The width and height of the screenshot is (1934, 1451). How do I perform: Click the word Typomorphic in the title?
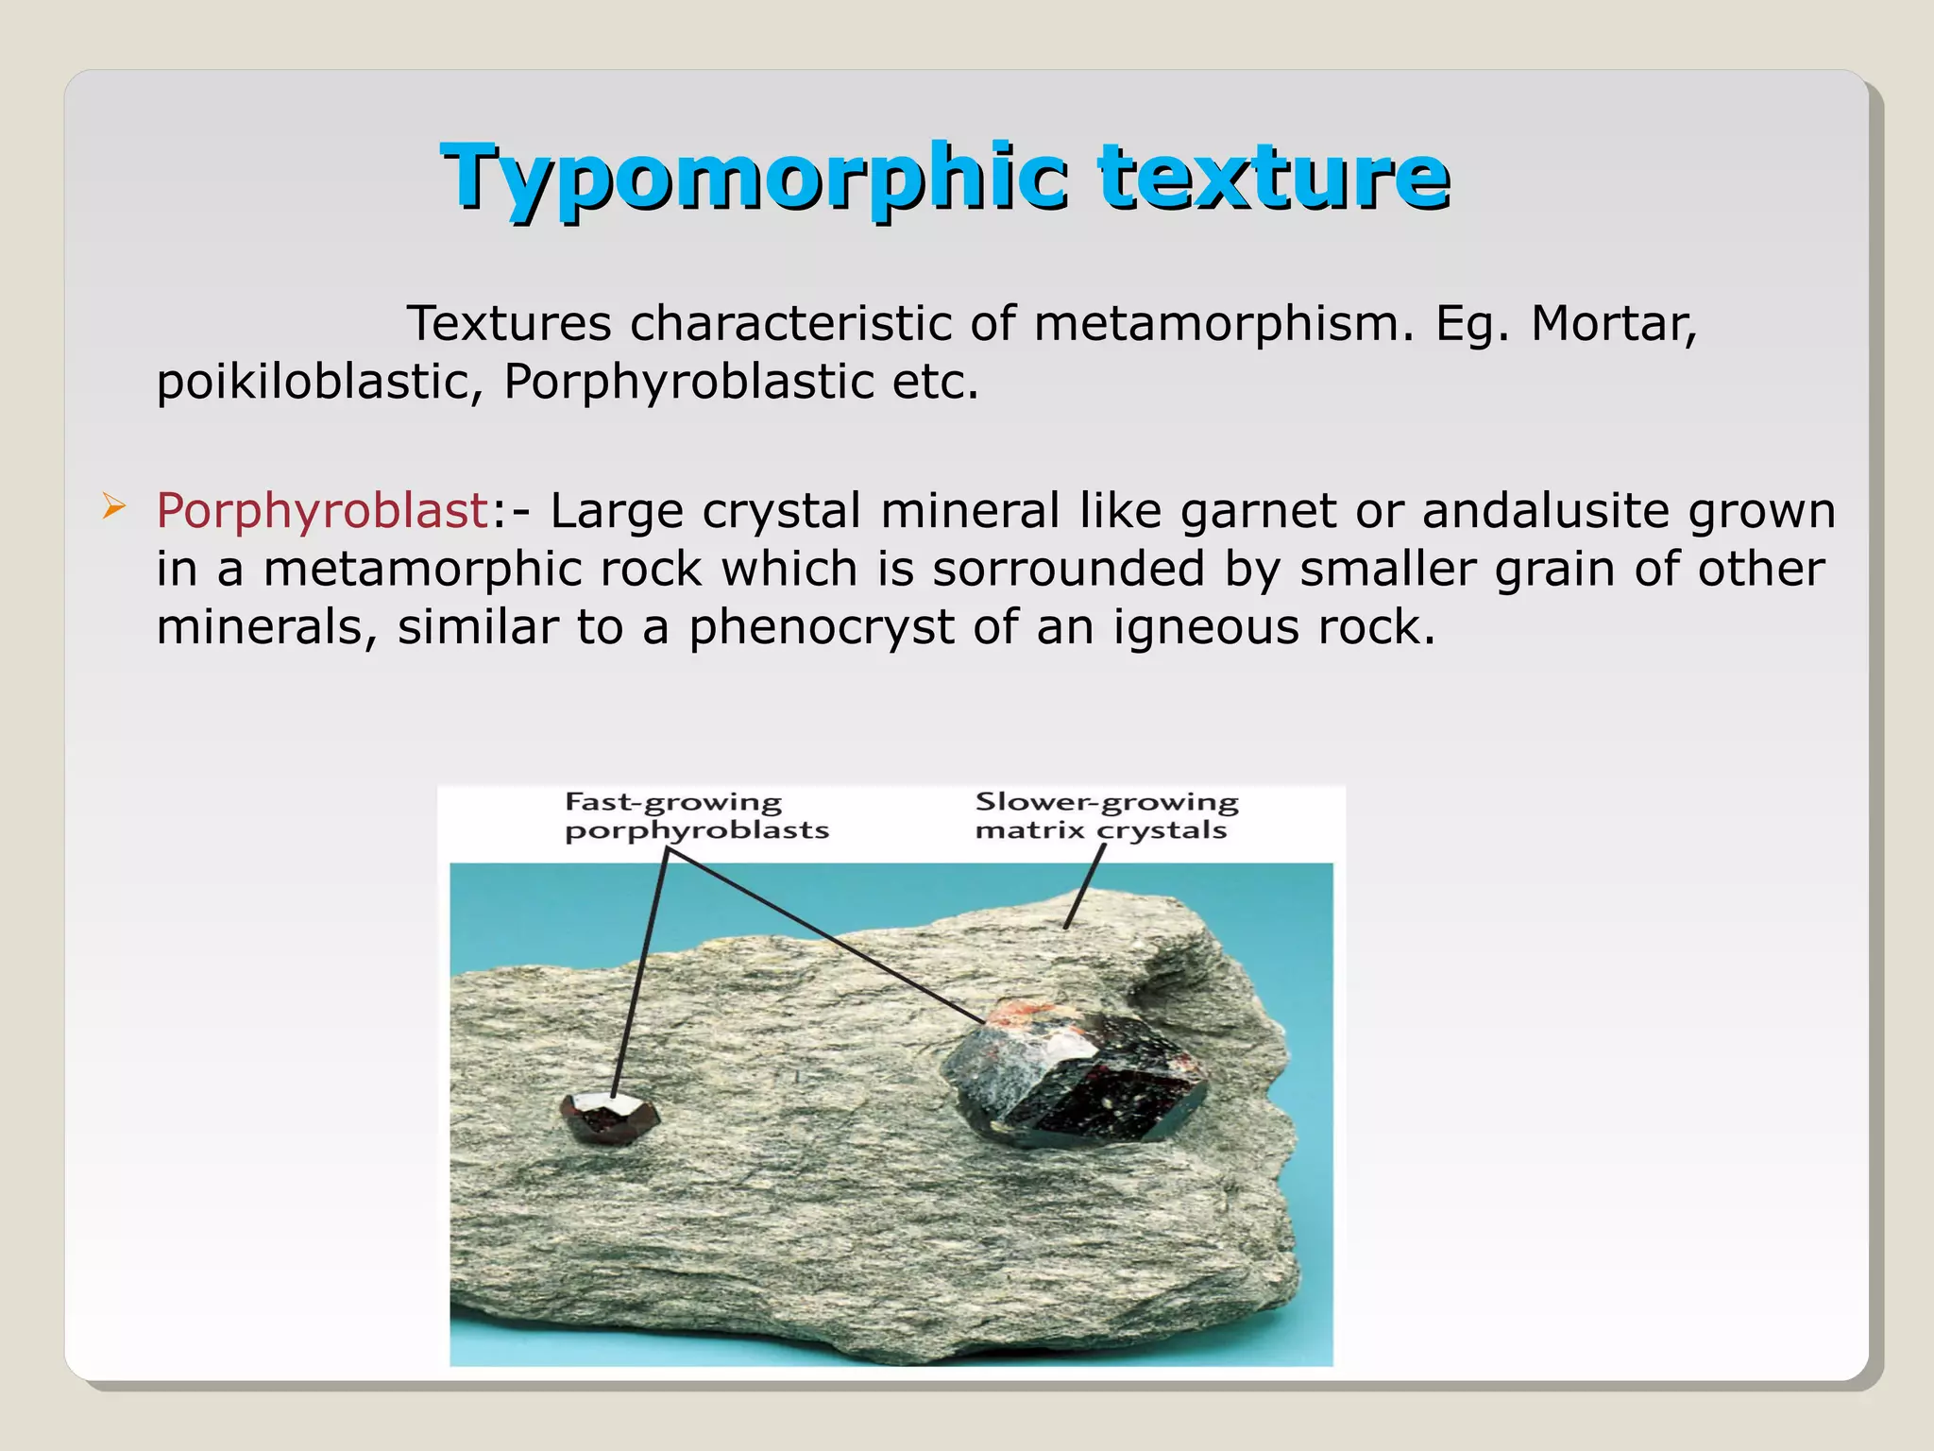754,177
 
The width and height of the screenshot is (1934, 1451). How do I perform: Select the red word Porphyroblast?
321,511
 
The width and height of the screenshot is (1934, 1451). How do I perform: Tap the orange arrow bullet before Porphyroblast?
113,507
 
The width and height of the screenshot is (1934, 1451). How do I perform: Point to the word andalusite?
1546,511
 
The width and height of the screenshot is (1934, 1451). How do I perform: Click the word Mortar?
1613,324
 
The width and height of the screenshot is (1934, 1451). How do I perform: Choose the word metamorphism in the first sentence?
1225,324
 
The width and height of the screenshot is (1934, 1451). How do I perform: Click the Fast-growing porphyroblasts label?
696,816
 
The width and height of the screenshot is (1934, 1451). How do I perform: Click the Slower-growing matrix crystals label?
1106,816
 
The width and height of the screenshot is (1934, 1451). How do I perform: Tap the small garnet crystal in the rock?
609,1119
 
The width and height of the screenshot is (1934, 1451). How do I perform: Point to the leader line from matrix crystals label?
1085,886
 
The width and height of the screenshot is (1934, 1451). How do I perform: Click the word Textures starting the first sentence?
509,324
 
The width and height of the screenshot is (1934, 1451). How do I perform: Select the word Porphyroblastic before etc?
688,383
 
